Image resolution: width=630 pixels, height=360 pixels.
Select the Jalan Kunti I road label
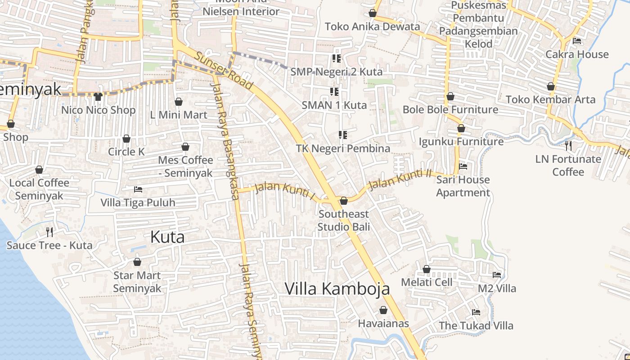[x=284, y=190]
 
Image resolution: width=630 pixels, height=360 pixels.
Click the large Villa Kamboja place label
[x=337, y=289]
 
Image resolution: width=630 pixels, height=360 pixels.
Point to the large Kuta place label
[x=167, y=237]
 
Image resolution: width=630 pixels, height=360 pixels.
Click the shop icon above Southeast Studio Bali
[x=344, y=201]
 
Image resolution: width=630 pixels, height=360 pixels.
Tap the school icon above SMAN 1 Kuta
[x=334, y=92]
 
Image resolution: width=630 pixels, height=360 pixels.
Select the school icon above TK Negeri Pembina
[x=343, y=135]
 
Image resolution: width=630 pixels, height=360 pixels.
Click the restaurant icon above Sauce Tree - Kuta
[x=49, y=232]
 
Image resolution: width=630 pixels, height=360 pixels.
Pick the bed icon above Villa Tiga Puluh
[x=138, y=189]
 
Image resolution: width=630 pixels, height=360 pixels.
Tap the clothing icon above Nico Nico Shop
[x=99, y=96]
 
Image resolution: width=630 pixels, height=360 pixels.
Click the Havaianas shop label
[x=383, y=324]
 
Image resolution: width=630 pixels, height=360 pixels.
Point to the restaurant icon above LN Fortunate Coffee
[x=568, y=145]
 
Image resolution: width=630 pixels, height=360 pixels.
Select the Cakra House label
[x=577, y=54]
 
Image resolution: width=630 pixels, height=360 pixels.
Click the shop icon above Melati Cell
[x=427, y=269]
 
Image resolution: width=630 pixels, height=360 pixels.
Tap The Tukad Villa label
[x=476, y=325]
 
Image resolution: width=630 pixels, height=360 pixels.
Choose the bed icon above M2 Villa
[x=497, y=274]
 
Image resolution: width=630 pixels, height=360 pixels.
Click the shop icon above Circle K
[x=126, y=139]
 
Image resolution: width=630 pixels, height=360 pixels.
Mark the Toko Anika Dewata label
[x=372, y=27]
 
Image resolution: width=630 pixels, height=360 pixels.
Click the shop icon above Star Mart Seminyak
[x=137, y=262]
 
